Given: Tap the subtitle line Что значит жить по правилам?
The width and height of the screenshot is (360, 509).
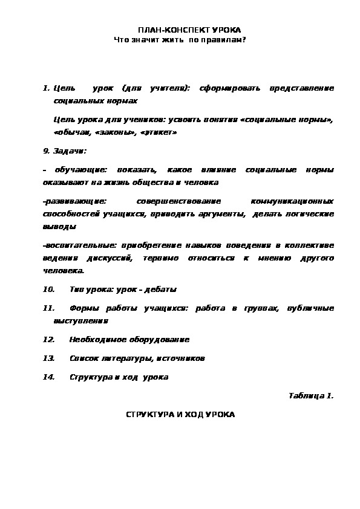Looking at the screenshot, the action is pyautogui.click(x=180, y=39).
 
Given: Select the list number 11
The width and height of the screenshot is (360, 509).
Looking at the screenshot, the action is pyautogui.click(x=49, y=308).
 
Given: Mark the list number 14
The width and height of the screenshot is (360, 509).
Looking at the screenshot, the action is pyautogui.click(x=49, y=377).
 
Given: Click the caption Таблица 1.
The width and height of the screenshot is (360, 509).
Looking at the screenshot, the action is pyautogui.click(x=311, y=396).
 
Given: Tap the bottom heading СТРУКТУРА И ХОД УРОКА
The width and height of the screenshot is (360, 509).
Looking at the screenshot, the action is pyautogui.click(x=180, y=415).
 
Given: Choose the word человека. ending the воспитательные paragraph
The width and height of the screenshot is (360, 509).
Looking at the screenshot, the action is pyautogui.click(x=63, y=270).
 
